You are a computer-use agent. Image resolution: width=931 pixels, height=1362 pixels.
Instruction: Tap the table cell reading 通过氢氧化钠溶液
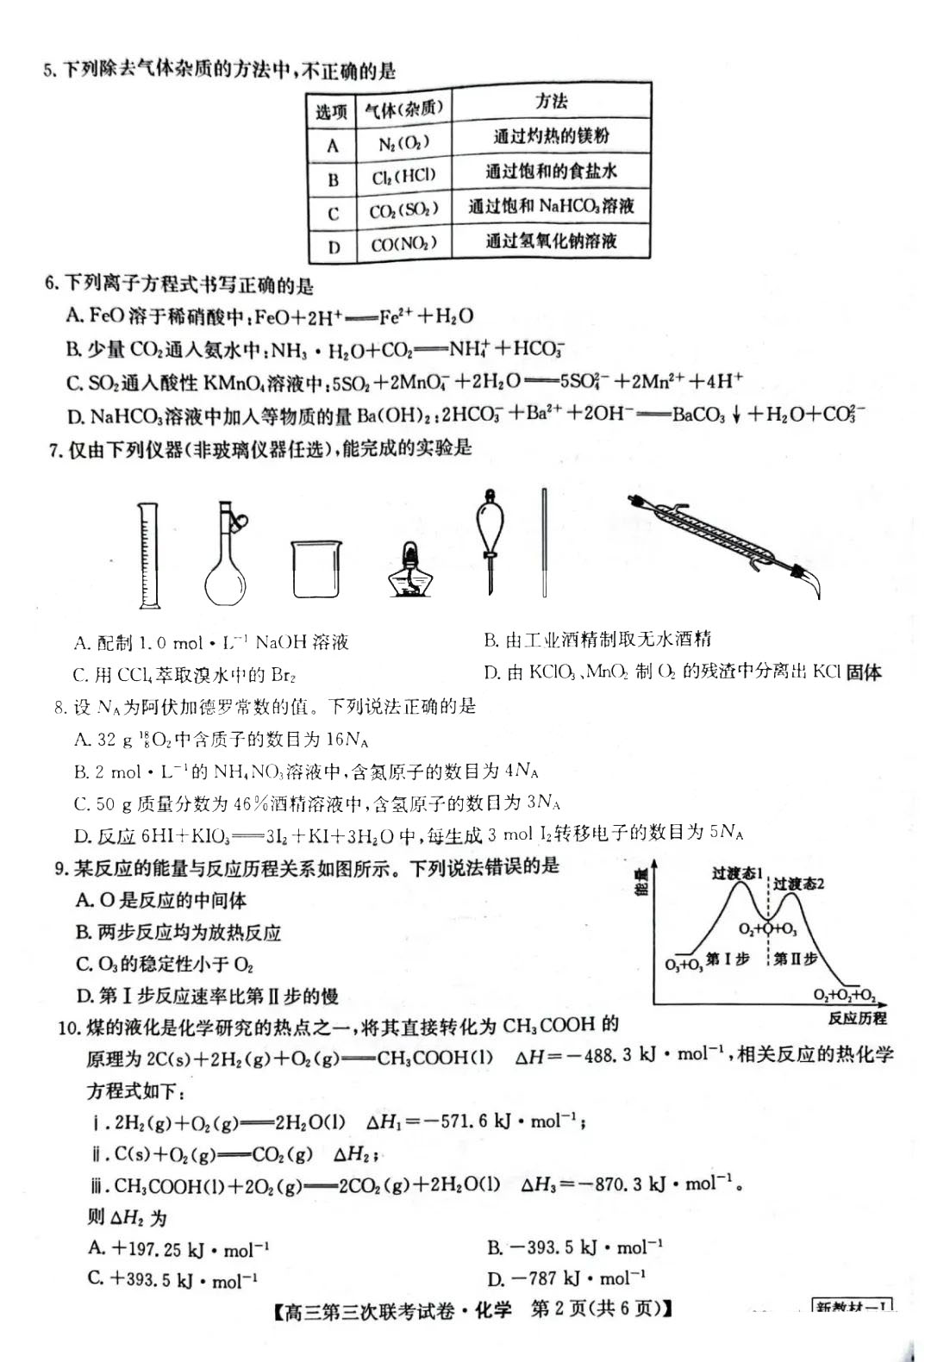[x=551, y=241]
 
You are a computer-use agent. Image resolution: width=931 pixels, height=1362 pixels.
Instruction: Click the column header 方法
[x=551, y=102]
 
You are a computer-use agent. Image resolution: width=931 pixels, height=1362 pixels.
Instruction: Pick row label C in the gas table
[x=334, y=213]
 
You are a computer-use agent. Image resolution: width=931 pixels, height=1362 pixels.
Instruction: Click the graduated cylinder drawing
[x=149, y=556]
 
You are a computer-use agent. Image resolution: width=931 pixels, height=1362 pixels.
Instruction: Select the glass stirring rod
[x=545, y=543]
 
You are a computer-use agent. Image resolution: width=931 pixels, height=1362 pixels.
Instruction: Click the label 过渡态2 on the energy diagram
[x=798, y=884]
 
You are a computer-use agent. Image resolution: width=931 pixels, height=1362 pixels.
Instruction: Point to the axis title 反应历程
[x=857, y=1018]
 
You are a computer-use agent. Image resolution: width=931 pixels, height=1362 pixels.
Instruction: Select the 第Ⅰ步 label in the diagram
[x=728, y=959]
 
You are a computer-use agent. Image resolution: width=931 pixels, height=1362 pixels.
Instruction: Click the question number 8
[x=59, y=708]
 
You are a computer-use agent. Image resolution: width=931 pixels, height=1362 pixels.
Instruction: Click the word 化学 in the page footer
[x=493, y=1309]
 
